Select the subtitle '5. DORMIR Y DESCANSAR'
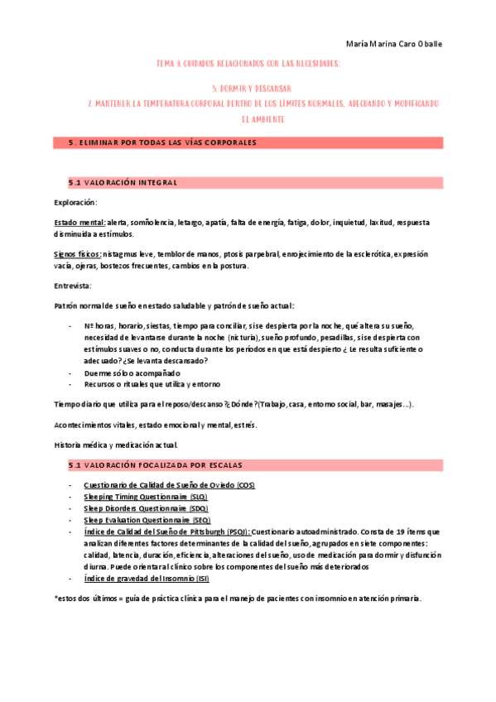tap(250, 88)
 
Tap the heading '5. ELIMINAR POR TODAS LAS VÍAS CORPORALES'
tap(162, 142)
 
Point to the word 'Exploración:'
tap(75, 203)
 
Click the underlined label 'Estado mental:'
tap(79, 223)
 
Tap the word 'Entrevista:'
tap(74, 285)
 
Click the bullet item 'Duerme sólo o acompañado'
tap(132, 373)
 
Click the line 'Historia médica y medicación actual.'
tap(115, 445)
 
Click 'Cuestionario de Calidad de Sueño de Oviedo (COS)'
tap(169, 485)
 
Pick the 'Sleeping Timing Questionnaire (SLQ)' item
tap(146, 497)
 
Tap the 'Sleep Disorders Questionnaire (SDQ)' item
tap(146, 508)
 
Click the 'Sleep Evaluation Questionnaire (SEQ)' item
tap(147, 520)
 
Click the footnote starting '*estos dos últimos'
tap(237, 598)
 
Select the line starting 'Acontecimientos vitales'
tap(156, 425)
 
